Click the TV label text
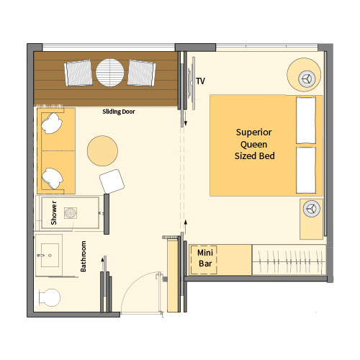point(201,81)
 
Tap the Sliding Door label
point(119,112)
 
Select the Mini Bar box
point(204,260)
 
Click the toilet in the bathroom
point(49,297)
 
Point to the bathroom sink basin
point(50,255)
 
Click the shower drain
point(71,213)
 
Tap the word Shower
point(54,213)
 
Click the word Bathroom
point(83,256)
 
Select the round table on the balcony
point(110,73)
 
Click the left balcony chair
point(78,73)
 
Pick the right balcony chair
point(141,73)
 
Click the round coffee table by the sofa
point(102,150)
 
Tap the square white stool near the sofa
point(112,181)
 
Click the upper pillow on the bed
point(306,120)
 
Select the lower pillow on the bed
point(306,170)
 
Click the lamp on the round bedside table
point(307,78)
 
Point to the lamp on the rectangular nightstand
point(312,209)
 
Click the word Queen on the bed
point(253,145)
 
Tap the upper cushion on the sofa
point(52,123)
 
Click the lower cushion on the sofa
point(53,179)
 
